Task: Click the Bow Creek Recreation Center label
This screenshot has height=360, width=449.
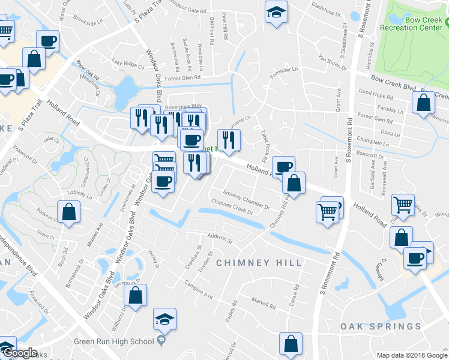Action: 415,23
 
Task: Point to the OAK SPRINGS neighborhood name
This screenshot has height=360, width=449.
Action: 381,326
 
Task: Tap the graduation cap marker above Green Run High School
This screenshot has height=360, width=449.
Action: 164,319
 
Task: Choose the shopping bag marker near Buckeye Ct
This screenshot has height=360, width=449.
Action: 69,211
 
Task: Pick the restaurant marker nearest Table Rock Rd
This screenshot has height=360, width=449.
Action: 229,140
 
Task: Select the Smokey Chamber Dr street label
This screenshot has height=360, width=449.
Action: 246,197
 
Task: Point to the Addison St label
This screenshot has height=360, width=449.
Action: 219,238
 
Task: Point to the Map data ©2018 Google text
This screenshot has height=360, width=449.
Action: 411,355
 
